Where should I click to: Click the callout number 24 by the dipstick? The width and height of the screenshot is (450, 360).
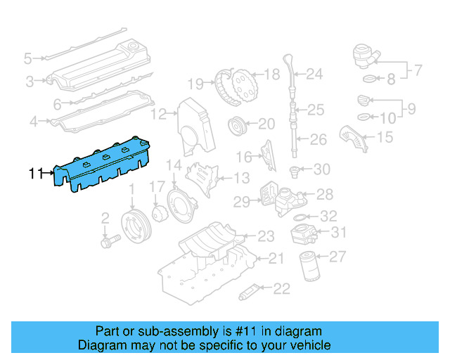(314, 73)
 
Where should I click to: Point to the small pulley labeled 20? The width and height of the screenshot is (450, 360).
(237, 127)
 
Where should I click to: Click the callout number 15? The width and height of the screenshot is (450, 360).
(385, 137)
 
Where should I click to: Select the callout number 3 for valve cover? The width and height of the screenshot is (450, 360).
(30, 82)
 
